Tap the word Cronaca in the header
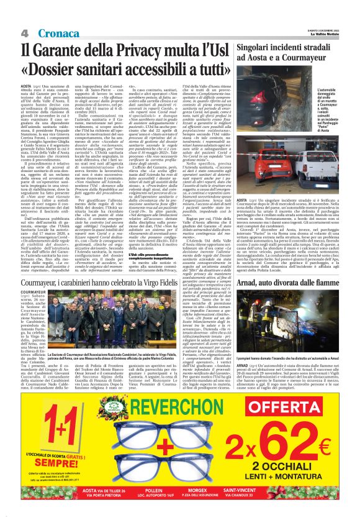point(50,32)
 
